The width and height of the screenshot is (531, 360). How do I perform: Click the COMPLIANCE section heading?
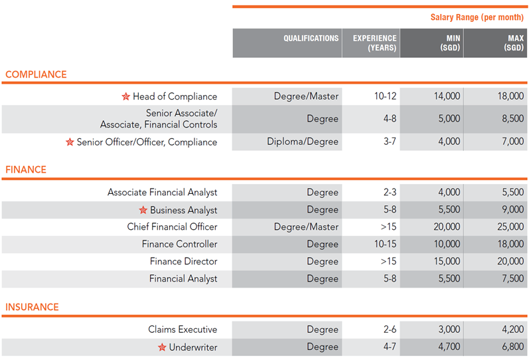coord(36,74)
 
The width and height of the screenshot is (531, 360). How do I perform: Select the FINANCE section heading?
coord(26,169)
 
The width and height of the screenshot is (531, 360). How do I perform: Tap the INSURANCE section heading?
coord(32,307)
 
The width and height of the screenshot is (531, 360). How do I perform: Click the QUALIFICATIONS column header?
coord(311,39)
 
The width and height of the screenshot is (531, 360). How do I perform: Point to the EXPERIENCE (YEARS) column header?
coord(374,43)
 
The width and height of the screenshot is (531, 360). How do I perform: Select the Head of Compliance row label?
coord(175,96)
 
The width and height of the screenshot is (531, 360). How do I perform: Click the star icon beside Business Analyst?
coord(143,211)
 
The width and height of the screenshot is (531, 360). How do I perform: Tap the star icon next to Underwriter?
coord(162,347)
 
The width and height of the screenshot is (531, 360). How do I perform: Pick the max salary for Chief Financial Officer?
coord(510,227)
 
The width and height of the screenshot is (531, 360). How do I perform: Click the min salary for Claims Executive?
coord(447,329)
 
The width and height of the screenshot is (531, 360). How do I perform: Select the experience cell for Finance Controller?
coord(385,244)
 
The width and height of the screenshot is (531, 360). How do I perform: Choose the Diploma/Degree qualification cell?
coord(303,141)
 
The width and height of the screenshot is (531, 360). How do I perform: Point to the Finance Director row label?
coord(183,262)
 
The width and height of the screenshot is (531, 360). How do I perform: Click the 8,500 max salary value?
coord(510,119)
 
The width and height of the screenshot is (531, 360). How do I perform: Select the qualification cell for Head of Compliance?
coord(306,96)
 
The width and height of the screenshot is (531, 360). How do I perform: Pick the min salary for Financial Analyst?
coord(447,279)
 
